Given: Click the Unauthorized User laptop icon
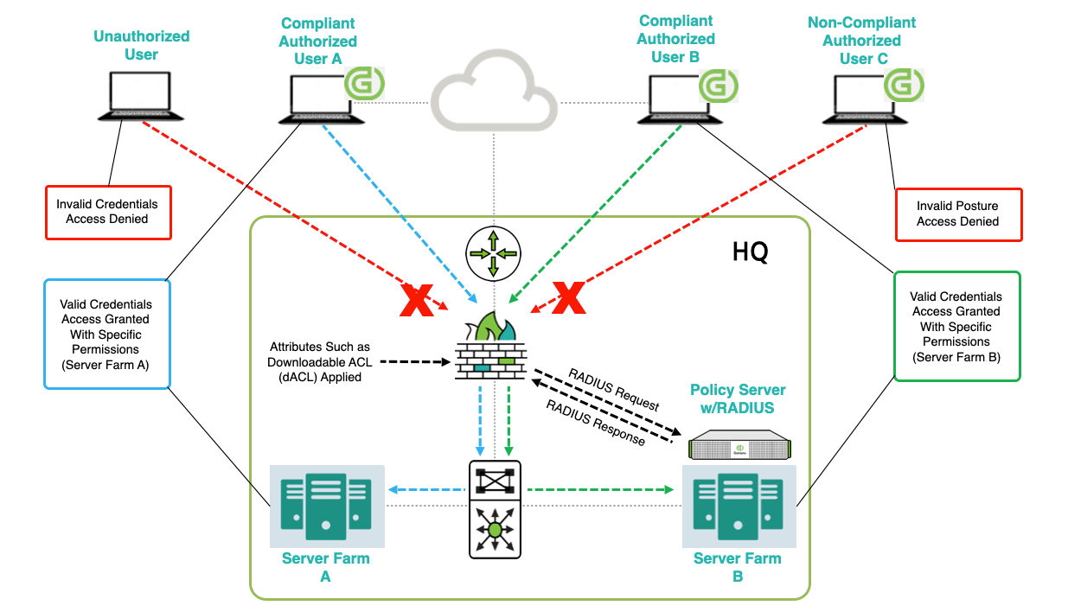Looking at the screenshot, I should point(139,96).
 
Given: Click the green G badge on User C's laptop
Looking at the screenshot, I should point(904,86).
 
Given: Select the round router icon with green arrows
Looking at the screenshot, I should point(493,252).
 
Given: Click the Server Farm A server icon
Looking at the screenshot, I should point(326,507).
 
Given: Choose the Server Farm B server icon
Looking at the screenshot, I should point(739,507).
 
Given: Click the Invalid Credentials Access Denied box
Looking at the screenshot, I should point(107,212).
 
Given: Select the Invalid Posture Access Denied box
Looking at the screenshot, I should point(958,214).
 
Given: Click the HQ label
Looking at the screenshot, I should point(750,253).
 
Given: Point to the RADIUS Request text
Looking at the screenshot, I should point(613,389).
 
